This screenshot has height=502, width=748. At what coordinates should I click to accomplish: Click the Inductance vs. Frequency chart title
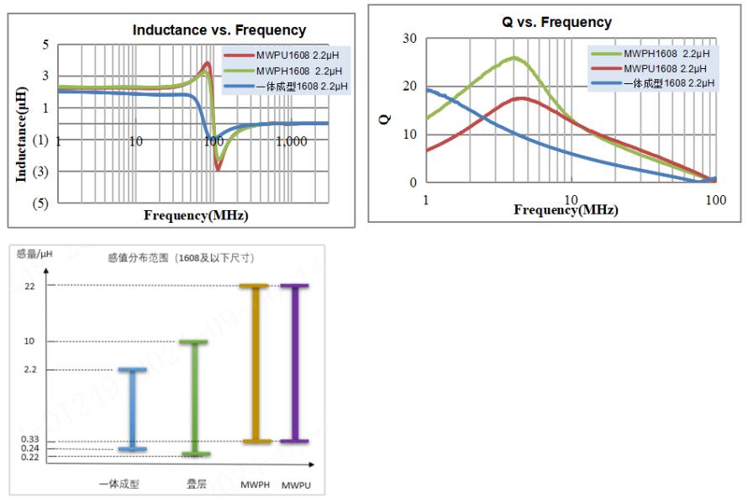[x=219, y=30]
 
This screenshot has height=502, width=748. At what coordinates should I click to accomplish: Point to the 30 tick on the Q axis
[x=410, y=39]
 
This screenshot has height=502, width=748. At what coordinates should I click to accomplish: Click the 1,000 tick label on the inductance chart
[x=291, y=141]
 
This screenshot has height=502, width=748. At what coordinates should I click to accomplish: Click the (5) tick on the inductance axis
[x=40, y=203]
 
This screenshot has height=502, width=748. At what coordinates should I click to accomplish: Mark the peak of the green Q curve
[x=514, y=58]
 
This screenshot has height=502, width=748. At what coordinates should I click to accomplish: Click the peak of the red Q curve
[x=523, y=98]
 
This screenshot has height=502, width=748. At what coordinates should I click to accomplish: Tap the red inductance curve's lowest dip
[x=218, y=168]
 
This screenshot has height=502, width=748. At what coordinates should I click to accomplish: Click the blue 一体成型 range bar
[x=132, y=409]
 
